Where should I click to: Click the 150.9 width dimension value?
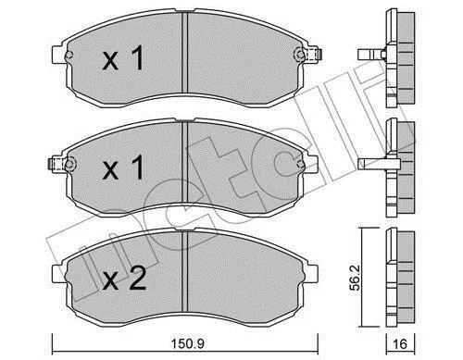[188, 343]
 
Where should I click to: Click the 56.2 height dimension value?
[357, 279]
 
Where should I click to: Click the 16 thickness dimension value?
[400, 344]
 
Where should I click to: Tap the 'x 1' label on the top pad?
[123, 57]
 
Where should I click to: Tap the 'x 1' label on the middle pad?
[123, 168]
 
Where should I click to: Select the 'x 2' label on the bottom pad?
[124, 279]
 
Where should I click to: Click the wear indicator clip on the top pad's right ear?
[314, 55]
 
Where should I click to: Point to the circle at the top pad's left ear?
[69, 56]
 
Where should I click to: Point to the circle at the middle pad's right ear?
[301, 165]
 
